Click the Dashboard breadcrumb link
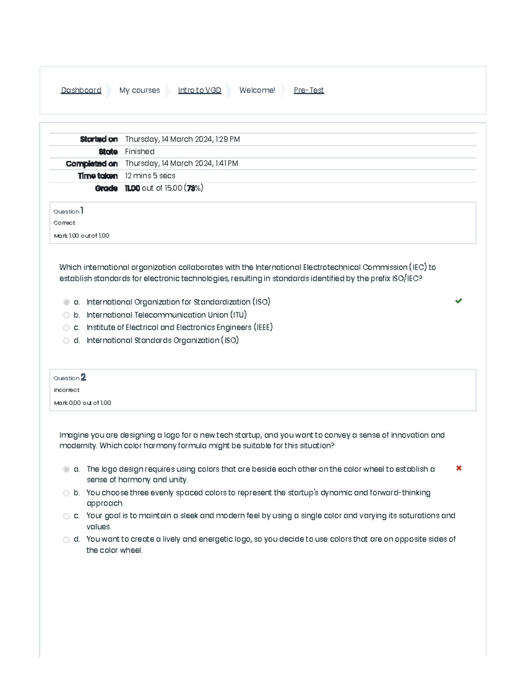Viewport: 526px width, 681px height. click(x=81, y=90)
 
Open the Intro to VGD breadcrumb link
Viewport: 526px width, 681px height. click(x=199, y=90)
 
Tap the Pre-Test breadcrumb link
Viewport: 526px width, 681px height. click(x=309, y=90)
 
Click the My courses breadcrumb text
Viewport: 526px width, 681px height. click(x=139, y=90)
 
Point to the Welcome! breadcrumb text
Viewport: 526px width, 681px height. click(x=257, y=90)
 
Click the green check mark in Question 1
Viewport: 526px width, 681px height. click(x=458, y=301)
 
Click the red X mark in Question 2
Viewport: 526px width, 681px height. click(x=459, y=468)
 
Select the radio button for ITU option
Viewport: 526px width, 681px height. click(x=66, y=315)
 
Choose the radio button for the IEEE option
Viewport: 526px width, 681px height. click(x=66, y=328)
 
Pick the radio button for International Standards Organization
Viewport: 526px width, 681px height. click(x=66, y=341)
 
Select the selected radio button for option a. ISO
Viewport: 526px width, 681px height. click(x=66, y=302)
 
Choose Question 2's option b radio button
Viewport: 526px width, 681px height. click(x=66, y=493)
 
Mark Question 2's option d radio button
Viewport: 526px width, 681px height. click(x=66, y=540)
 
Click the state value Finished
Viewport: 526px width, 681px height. click(x=139, y=152)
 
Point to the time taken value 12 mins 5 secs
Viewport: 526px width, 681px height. click(x=150, y=176)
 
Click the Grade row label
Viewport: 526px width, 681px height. click(x=106, y=189)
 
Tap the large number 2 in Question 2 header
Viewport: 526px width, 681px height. click(x=83, y=377)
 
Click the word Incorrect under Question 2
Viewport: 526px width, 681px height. click(x=67, y=390)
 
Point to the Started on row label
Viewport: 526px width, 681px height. click(x=99, y=139)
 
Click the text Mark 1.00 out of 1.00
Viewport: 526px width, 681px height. click(x=82, y=236)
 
